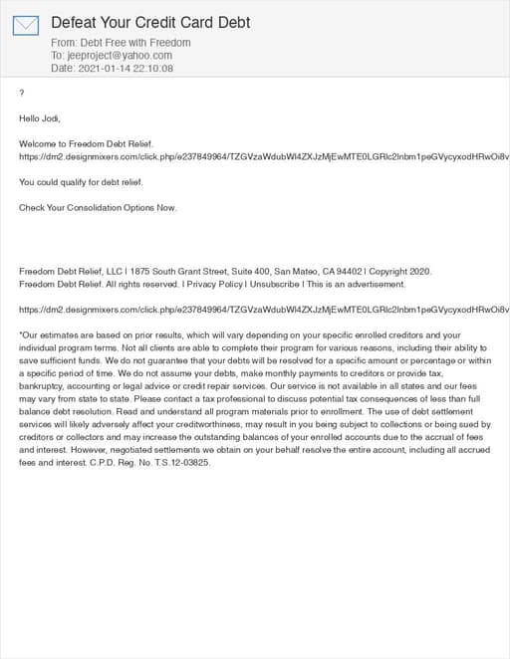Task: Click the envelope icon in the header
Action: (x=26, y=25)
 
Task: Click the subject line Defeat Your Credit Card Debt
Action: (x=150, y=22)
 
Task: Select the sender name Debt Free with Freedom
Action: (x=136, y=43)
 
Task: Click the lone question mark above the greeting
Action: (x=22, y=94)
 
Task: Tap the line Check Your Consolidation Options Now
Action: (x=98, y=208)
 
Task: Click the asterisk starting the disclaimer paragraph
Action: (x=21, y=334)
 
